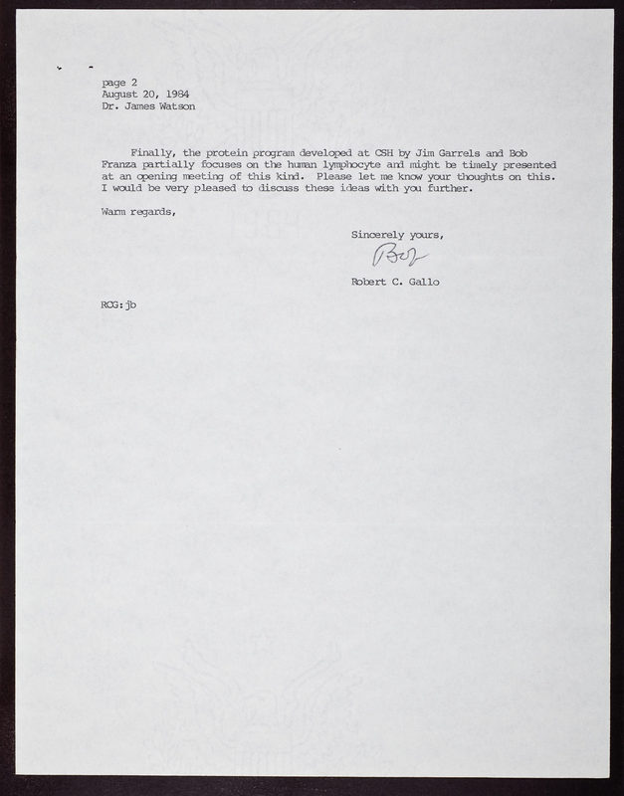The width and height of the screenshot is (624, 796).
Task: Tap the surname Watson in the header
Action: click(174, 105)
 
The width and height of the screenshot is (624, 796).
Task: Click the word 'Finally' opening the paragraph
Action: click(152, 153)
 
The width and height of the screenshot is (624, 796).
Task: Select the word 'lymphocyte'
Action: click(347, 165)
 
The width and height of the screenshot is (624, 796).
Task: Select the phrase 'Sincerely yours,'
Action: click(396, 235)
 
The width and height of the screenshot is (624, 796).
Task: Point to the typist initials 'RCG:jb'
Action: click(118, 304)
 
